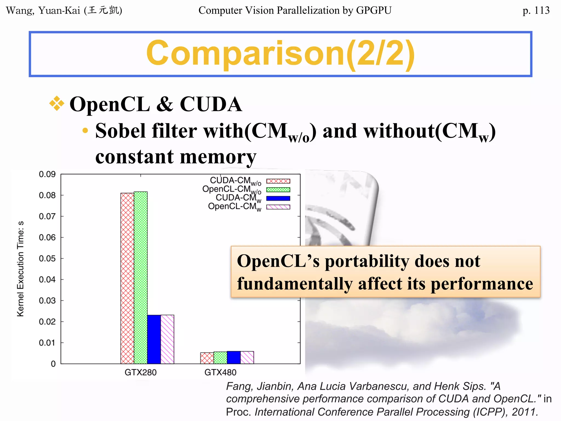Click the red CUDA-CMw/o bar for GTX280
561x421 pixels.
(127, 278)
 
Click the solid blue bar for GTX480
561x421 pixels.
(234, 357)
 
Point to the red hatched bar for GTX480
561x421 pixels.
(207, 358)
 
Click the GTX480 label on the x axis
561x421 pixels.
(220, 372)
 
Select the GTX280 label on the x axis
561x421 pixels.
(141, 372)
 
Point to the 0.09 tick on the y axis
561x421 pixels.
(47, 174)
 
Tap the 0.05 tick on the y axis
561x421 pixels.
(47, 258)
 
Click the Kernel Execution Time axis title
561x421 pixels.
(21, 269)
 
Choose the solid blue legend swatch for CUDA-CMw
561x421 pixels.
(278, 198)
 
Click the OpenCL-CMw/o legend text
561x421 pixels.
(231, 189)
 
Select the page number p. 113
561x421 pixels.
(536, 10)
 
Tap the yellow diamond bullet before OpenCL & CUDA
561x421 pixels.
(57, 104)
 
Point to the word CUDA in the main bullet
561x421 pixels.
(211, 104)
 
